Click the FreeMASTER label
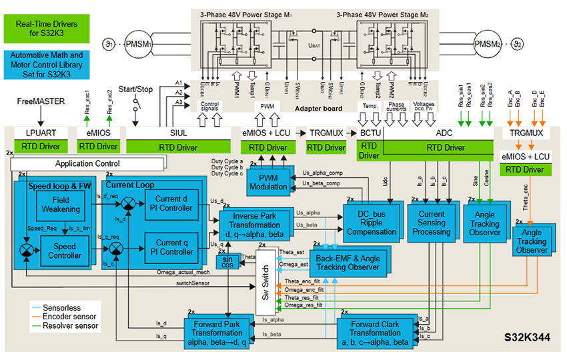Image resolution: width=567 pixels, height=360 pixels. tap(41, 102)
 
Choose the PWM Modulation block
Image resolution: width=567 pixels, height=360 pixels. tap(267, 182)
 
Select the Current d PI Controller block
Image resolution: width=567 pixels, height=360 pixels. tap(173, 203)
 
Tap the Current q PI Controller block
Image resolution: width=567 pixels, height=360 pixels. tap(173, 247)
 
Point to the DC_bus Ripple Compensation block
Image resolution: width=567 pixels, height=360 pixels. tap(372, 223)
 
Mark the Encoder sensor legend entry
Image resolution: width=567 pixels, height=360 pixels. tap(65, 317)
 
